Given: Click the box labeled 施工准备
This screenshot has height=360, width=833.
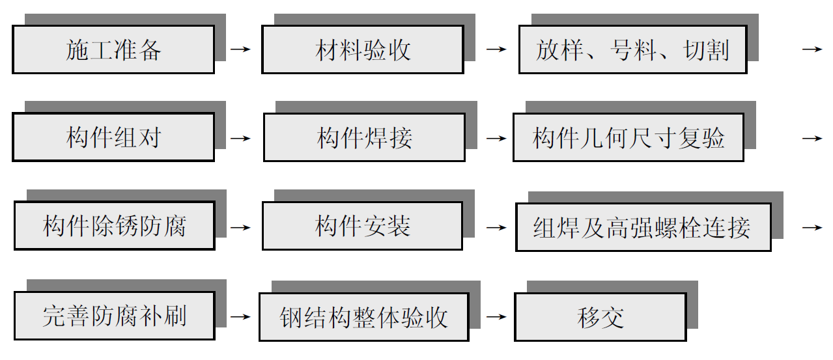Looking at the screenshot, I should tap(113, 49).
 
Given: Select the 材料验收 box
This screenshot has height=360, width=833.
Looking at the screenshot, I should tap(363, 49).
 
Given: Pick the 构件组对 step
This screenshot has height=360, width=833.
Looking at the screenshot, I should tap(113, 137).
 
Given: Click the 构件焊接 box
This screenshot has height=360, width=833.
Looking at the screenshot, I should tap(364, 137).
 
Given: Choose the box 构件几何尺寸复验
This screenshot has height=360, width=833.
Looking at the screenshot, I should tap(628, 137).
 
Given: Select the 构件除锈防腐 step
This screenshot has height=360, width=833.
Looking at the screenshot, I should tap(114, 226).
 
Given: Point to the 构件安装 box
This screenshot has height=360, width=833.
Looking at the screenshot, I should tap(362, 226).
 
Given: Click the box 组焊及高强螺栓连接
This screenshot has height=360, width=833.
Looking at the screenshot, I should tap(643, 227).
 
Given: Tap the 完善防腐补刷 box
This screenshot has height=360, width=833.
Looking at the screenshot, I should tap(114, 316).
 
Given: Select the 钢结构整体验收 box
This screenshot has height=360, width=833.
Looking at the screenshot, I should tap(363, 317).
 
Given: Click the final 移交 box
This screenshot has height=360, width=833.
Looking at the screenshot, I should tap(600, 317).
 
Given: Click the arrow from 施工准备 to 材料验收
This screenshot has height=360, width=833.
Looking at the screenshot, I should tap(240, 49).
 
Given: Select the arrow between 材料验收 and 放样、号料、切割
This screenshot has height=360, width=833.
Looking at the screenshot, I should tap(496, 49).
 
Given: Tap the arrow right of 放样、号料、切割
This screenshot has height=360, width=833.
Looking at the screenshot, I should tap(812, 49).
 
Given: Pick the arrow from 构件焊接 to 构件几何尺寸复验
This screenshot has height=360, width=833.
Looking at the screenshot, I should tap(496, 138).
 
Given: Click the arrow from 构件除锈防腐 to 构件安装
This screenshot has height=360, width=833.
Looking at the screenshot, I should tap(240, 227).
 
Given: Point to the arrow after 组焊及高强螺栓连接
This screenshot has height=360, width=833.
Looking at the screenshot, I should tap(812, 227).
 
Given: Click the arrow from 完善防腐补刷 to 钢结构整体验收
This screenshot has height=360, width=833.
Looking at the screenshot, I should tap(240, 317).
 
